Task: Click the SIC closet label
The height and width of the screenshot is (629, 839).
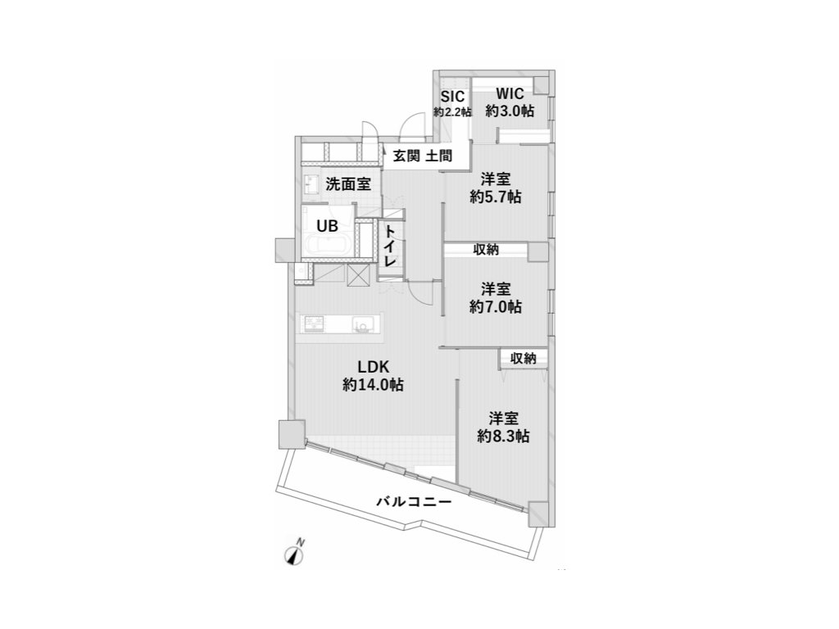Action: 452,96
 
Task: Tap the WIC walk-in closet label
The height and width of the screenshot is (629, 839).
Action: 510,93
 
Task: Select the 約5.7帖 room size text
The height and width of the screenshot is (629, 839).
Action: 496,197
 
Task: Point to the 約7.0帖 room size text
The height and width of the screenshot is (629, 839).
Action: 496,307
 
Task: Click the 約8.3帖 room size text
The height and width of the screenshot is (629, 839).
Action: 503,436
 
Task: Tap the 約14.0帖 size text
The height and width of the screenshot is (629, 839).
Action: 372,385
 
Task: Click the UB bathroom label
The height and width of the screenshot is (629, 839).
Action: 327,227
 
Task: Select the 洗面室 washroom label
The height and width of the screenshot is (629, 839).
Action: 347,184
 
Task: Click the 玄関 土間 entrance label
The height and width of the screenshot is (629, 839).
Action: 422,156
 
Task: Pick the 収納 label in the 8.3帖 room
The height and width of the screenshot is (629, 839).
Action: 524,357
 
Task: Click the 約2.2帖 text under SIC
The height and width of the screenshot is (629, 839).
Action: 452,111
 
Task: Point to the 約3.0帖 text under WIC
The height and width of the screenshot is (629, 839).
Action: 510,111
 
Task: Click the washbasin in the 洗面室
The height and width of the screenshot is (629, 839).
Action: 312,183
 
